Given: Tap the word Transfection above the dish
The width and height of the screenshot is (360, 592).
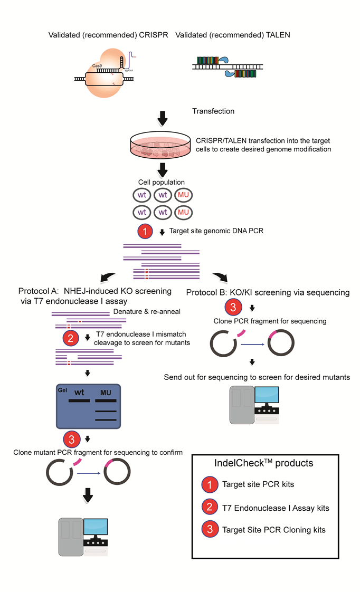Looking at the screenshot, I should click(213, 111).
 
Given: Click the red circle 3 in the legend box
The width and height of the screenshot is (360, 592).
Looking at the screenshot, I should click(210, 530).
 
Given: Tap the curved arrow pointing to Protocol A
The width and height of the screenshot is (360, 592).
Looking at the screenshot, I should click(108, 278).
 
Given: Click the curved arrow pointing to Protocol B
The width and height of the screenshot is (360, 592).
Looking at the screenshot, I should click(221, 277).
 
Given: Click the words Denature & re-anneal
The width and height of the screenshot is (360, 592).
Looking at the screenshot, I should click(147, 311).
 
